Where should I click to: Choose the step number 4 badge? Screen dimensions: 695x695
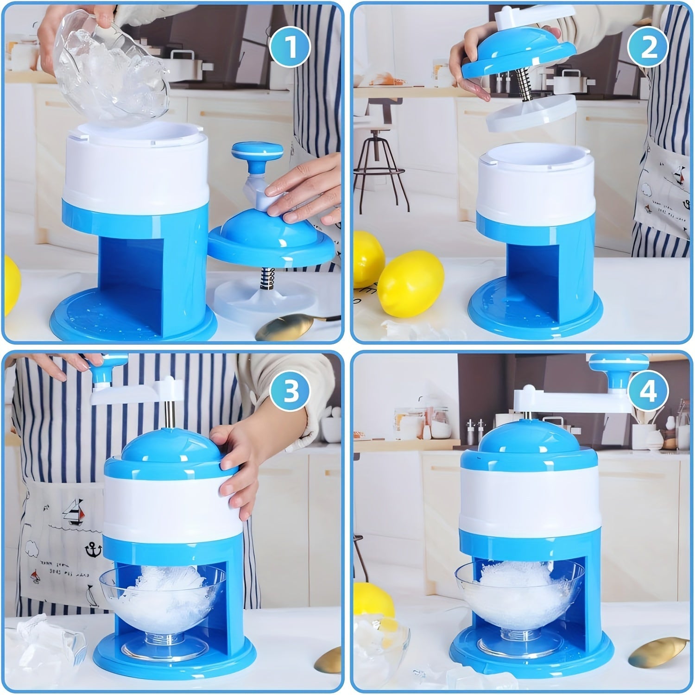point(648,392)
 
